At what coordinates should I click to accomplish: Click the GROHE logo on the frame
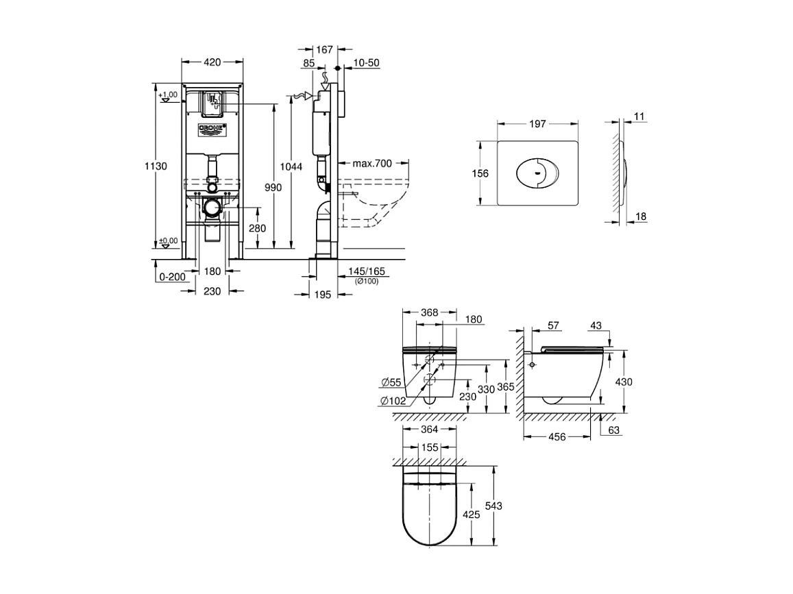click(x=212, y=128)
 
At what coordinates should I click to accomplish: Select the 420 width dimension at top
click(x=212, y=62)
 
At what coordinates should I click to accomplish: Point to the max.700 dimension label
click(x=372, y=163)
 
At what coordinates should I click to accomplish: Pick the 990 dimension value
click(x=273, y=188)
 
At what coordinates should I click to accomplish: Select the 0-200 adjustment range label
click(x=172, y=277)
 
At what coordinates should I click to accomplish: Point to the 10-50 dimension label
click(x=366, y=63)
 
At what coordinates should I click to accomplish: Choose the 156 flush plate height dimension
click(x=480, y=173)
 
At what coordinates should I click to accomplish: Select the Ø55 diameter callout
click(x=392, y=382)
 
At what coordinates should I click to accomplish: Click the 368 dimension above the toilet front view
click(x=429, y=312)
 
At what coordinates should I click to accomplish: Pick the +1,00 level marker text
click(x=169, y=94)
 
